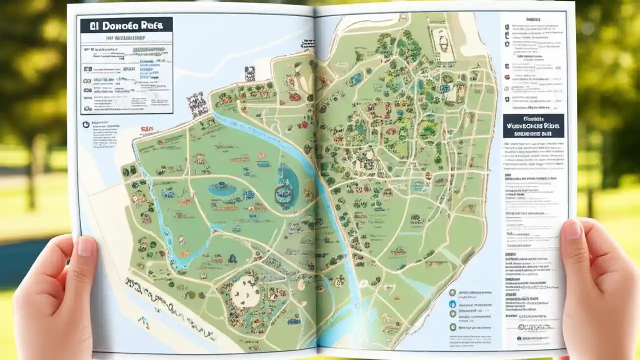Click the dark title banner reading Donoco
pyautogui.click(x=126, y=25)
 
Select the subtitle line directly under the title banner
pyautogui.click(x=126, y=38)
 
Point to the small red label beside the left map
pyautogui.click(x=147, y=129)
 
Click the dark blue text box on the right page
pyautogui.click(x=533, y=126)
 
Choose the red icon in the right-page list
pyautogui.click(x=507, y=77)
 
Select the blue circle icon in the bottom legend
pyautogui.click(x=452, y=304)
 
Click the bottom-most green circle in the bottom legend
pyautogui.click(x=453, y=327)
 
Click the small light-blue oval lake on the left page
pyautogui.click(x=222, y=189)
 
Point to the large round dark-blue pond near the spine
pyautogui.click(x=287, y=186)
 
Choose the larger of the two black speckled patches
pyautogui.click(x=197, y=104)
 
